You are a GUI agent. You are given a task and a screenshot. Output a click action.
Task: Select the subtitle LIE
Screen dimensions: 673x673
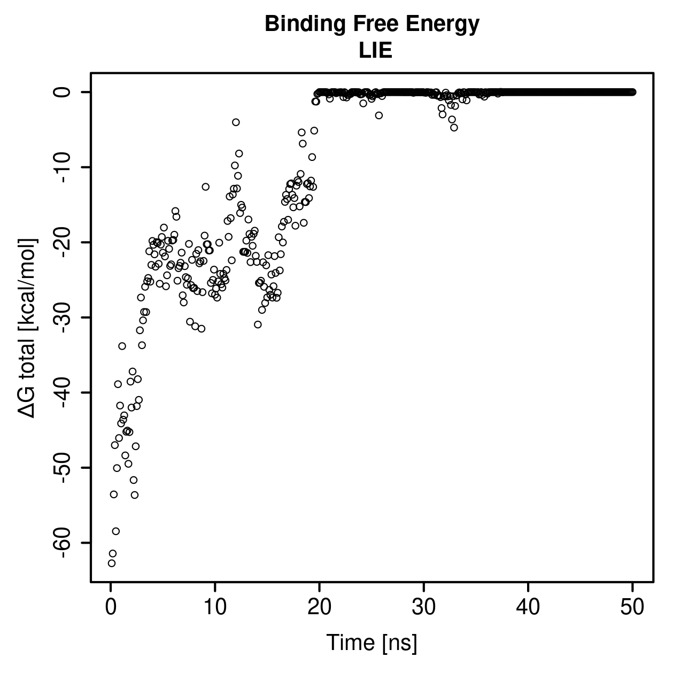coord(375,50)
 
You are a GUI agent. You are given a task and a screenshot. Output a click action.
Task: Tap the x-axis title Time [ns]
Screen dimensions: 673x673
coord(372,643)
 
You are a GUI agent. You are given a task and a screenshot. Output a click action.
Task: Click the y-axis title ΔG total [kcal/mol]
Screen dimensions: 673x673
coord(27,328)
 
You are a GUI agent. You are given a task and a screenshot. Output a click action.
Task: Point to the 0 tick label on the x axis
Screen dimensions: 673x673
coord(111,607)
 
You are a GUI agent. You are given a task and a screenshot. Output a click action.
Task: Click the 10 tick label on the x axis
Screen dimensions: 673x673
coord(215,607)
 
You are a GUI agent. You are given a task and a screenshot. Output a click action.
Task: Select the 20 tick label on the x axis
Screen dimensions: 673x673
coord(319,607)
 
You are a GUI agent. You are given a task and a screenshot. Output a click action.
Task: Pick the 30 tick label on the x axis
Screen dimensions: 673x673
coord(424,607)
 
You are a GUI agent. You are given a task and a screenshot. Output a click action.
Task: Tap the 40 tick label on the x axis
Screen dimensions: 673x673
coord(528,607)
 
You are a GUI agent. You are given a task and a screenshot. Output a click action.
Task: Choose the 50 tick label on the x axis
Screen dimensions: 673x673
coord(632,607)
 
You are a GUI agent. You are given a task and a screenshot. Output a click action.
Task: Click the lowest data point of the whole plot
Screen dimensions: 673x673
coord(111,563)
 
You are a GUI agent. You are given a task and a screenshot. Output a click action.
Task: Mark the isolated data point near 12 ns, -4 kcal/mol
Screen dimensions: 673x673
coord(236,122)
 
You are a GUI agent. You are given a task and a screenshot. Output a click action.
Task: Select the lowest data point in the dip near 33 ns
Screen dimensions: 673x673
coord(454,127)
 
